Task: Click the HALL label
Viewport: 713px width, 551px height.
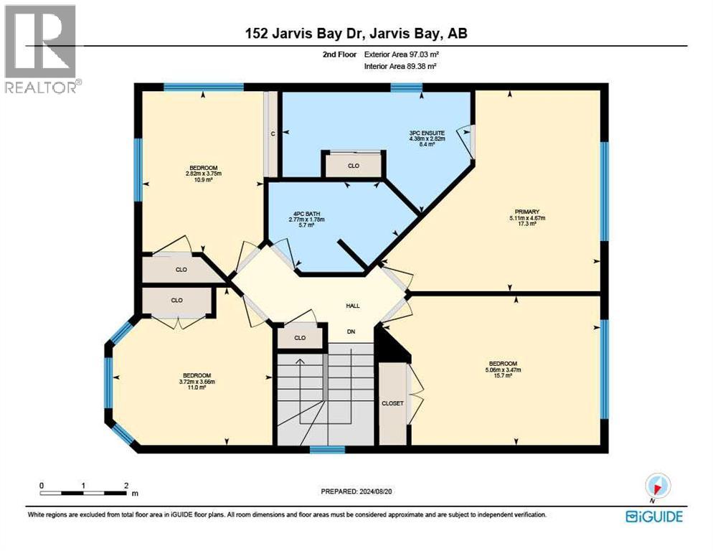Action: [x=353, y=306]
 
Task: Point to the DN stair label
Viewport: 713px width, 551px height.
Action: [x=351, y=331]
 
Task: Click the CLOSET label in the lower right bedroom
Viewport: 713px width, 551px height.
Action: [x=392, y=403]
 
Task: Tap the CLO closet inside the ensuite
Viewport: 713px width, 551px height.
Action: [x=353, y=166]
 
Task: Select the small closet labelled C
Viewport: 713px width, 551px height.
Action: [x=273, y=133]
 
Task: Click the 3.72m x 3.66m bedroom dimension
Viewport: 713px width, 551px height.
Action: [x=196, y=382]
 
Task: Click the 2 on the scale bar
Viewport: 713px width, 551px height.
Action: [x=126, y=486]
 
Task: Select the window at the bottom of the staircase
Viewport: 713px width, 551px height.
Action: [x=327, y=450]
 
